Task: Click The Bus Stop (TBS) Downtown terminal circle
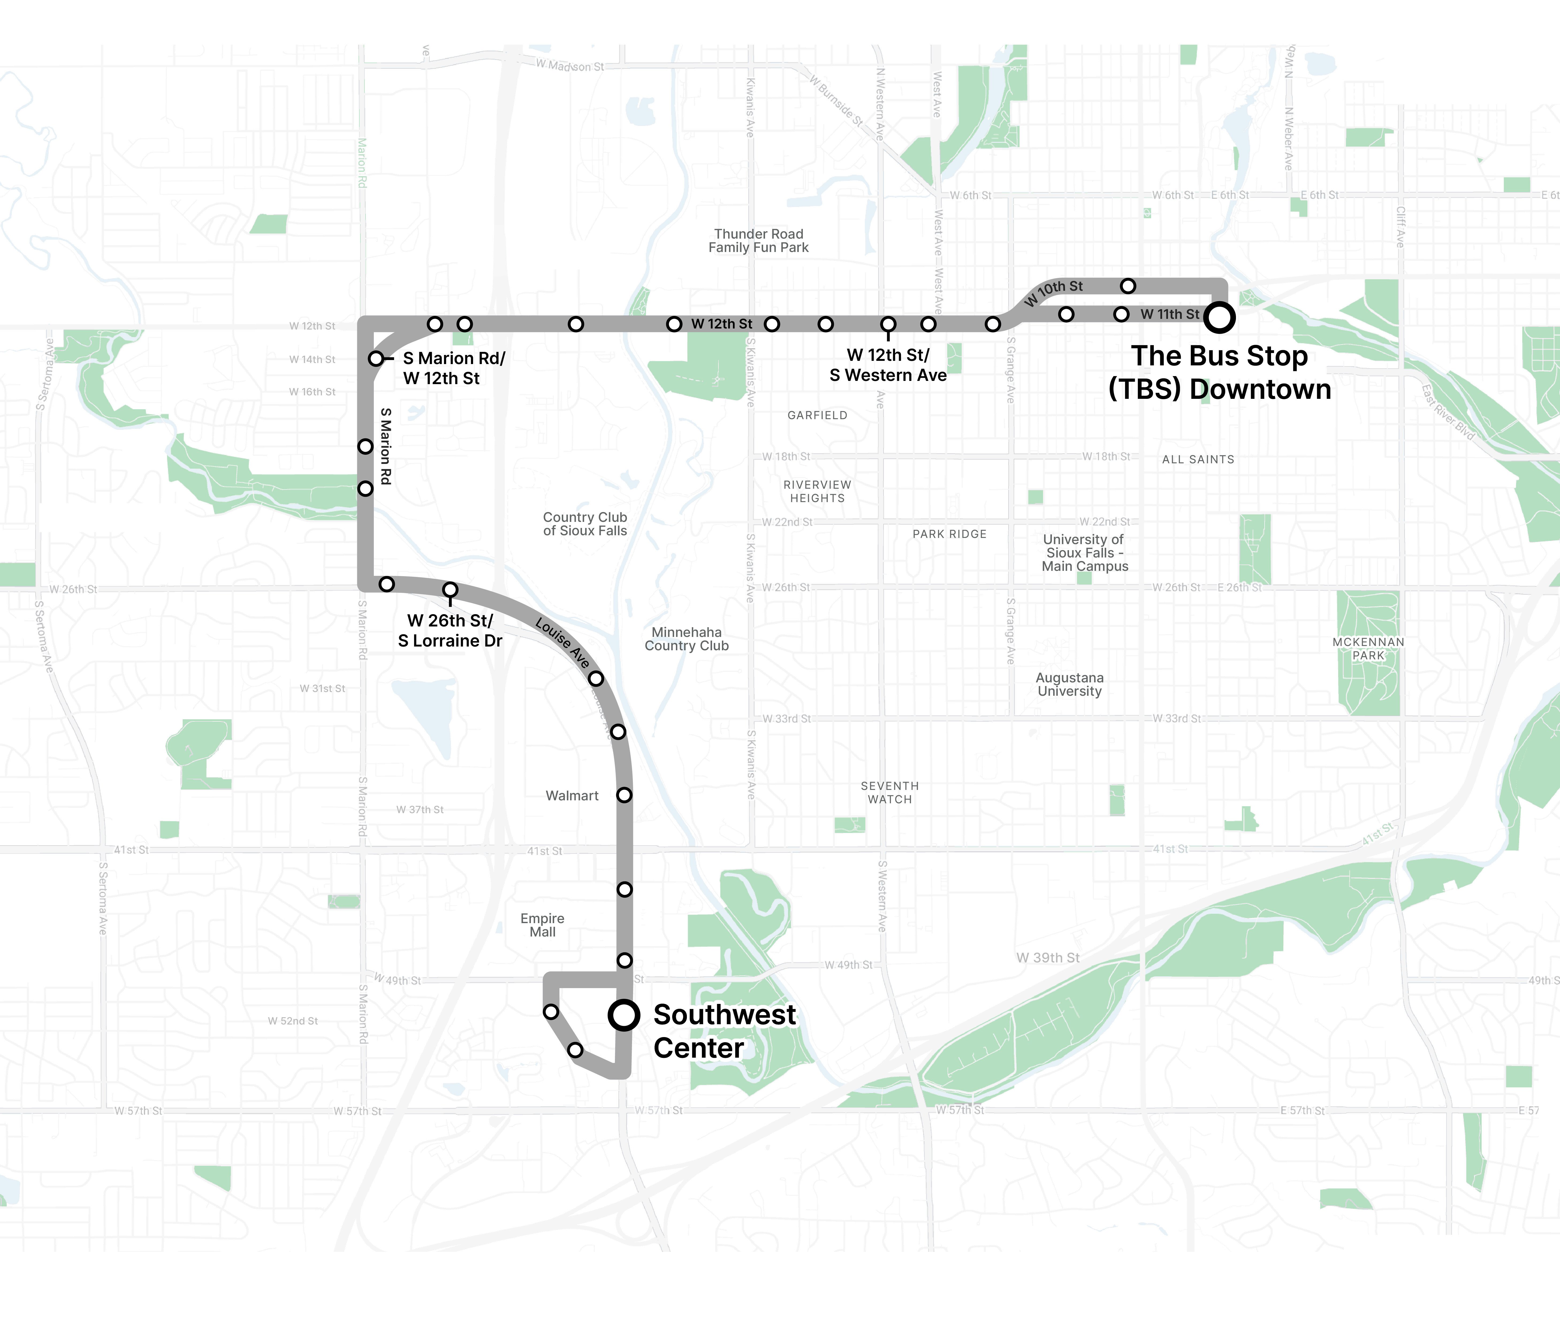pyautogui.click(x=1219, y=317)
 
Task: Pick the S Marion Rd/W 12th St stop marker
pyautogui.click(x=376, y=359)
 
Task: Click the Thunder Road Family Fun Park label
pyautogui.click(x=758, y=241)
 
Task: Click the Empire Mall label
pyautogui.click(x=542, y=925)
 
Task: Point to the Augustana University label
pyautogui.click(x=1070, y=684)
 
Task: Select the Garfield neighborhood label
pyautogui.click(x=817, y=415)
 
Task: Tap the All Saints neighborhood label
pyautogui.click(x=1198, y=459)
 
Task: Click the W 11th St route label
pyautogui.click(x=1170, y=314)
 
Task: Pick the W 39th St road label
pyautogui.click(x=1048, y=958)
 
